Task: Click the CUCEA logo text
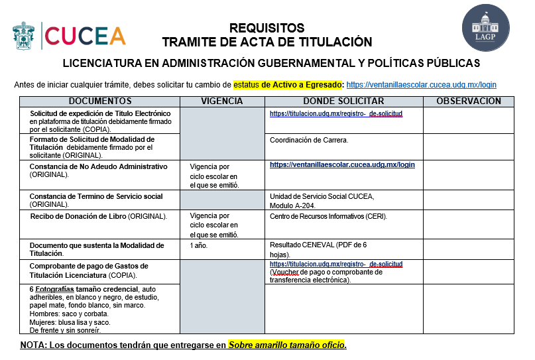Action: pyautogui.click(x=85, y=35)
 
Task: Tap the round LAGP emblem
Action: pyautogui.click(x=486, y=28)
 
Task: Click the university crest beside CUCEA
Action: pyautogui.click(x=25, y=35)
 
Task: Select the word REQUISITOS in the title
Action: pyautogui.click(x=267, y=28)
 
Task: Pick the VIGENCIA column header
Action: pyautogui.click(x=221, y=101)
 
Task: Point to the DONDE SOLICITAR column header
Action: pyautogui.click(x=343, y=101)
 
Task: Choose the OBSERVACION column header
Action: pyautogui.click(x=468, y=101)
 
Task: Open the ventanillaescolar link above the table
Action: pyautogui.click(x=421, y=85)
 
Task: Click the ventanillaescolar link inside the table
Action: pyautogui.click(x=342, y=164)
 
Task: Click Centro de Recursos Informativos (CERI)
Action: pyautogui.click(x=328, y=216)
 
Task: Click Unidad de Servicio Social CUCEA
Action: pyautogui.click(x=322, y=196)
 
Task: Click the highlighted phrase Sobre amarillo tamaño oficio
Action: pyautogui.click(x=287, y=345)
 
